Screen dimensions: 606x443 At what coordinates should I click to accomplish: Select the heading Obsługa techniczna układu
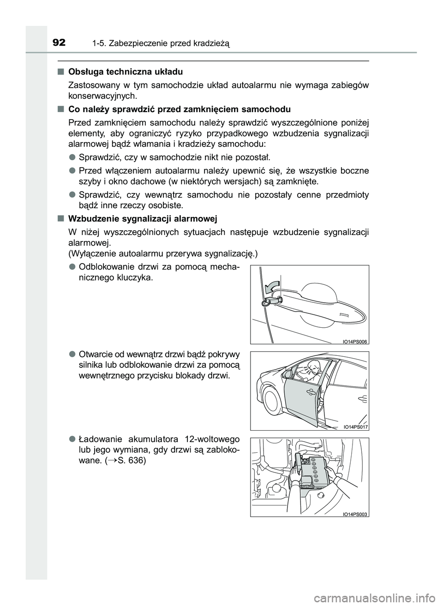point(125,72)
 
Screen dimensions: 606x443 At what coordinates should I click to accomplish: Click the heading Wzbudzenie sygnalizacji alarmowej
point(142,218)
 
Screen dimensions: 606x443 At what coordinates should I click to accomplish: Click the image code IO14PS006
point(355,341)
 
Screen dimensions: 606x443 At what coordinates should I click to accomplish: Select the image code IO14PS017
point(355,427)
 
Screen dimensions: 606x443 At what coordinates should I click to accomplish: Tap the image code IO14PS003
point(355,514)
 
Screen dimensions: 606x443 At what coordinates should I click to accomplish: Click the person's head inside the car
point(316,368)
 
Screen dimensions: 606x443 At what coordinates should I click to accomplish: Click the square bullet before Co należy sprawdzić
point(60,109)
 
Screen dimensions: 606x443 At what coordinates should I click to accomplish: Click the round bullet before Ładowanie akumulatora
point(72,438)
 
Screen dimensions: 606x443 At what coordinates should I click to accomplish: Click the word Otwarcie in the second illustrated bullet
point(95,354)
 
